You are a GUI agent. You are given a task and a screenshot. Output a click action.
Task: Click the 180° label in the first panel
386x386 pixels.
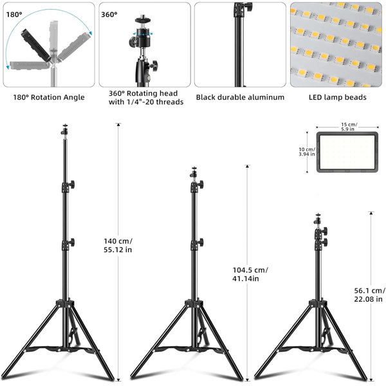pos(14,15)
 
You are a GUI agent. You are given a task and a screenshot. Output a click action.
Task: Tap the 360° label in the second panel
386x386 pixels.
pos(109,15)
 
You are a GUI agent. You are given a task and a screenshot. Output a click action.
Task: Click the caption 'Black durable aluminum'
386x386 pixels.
pos(240,97)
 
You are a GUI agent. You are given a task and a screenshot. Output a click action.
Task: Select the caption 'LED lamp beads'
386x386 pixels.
pos(338,97)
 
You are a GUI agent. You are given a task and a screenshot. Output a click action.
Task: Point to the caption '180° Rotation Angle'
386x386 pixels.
pos(49,97)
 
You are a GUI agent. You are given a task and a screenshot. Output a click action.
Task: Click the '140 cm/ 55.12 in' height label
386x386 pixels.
pos(118,246)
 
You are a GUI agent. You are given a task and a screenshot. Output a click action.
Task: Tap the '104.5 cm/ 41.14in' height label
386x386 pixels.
pos(250,274)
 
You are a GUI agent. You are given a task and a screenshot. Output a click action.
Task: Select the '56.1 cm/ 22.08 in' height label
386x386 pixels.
pos(369,295)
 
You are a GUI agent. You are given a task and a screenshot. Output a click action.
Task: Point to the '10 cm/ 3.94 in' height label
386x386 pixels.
pos(307,152)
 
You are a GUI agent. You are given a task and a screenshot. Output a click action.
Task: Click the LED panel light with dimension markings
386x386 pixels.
pos(347,152)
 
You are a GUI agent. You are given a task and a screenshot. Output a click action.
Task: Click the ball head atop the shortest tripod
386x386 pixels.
pos(318,220)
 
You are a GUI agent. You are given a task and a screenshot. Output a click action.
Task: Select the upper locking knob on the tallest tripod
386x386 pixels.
pos(71,184)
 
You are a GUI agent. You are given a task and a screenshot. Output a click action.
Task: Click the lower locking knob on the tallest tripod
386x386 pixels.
pos(71,243)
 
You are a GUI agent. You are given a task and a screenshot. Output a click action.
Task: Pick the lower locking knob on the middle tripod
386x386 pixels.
pos(201,243)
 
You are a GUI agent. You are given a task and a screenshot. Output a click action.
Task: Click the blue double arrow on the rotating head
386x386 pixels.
pos(143,33)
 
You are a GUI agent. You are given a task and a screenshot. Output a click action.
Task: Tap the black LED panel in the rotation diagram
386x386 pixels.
pos(36,45)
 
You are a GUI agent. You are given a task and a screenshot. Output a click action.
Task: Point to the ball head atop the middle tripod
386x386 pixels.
pos(194,173)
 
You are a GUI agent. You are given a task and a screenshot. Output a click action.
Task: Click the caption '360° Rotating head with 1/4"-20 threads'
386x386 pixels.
pos(146,98)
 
